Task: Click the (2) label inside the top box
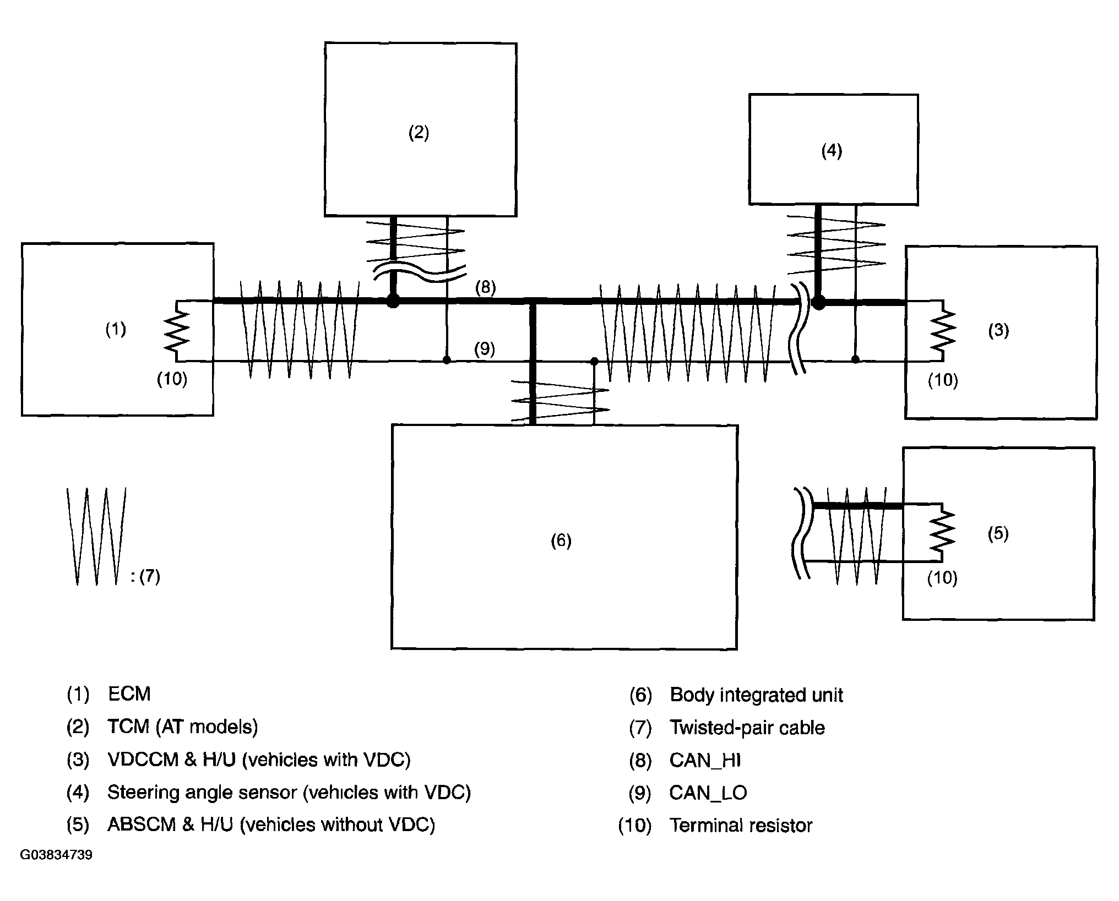(x=419, y=133)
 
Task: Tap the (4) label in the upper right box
(x=832, y=151)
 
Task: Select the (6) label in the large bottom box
(x=561, y=540)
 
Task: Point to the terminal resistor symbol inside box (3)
(x=943, y=331)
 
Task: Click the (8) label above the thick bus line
(x=485, y=287)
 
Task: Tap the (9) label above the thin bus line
(x=485, y=349)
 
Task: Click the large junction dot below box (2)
(x=393, y=301)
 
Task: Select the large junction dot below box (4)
(x=819, y=302)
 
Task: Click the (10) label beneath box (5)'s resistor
(x=942, y=577)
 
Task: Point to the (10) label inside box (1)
(x=172, y=379)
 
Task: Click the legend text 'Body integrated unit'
(x=756, y=695)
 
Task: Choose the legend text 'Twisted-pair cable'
(x=747, y=728)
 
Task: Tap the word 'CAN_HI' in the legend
(x=705, y=761)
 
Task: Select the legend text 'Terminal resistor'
(x=741, y=825)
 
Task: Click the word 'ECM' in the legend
(x=129, y=694)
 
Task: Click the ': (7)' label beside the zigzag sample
(x=146, y=576)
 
